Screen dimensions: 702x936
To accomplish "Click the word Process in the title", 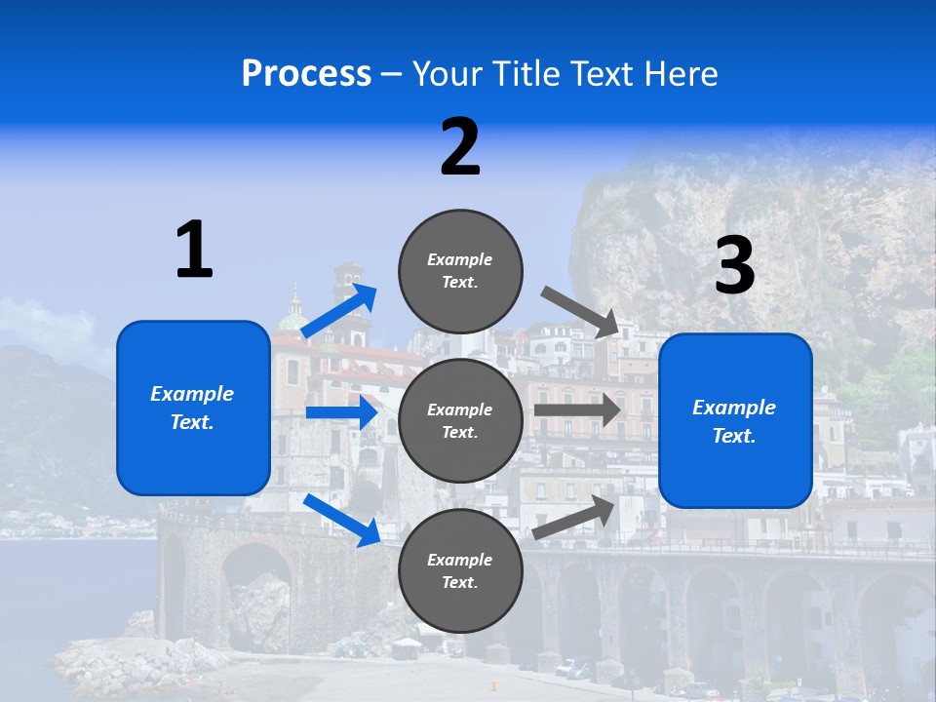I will (x=306, y=74).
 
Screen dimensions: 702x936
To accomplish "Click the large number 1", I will (x=194, y=250).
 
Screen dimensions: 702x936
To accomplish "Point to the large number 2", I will (x=460, y=147).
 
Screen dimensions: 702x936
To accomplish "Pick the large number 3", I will (x=734, y=267).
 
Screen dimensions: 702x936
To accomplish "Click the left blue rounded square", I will (x=193, y=408).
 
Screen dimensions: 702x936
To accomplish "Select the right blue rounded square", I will (x=735, y=421).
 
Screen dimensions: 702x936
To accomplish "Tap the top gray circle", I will (x=460, y=270).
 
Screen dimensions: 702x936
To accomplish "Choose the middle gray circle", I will (x=460, y=420).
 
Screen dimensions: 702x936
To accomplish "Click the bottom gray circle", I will (x=460, y=570).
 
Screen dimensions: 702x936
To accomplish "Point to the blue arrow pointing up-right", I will (x=339, y=311).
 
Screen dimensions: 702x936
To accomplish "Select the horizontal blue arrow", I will (x=341, y=412).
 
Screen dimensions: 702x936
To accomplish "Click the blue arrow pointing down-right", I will (x=342, y=520).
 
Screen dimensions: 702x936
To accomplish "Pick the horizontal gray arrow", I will (x=577, y=410).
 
